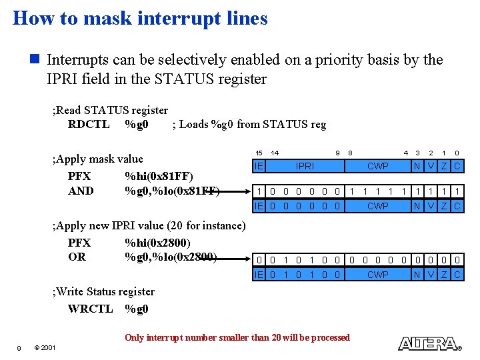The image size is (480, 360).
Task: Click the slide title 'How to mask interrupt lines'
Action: [140, 18]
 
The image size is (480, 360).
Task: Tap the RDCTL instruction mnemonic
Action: [89, 124]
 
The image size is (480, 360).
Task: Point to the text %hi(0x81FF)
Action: [159, 176]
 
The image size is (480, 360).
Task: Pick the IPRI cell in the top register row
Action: [305, 166]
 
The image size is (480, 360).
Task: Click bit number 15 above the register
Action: [259, 153]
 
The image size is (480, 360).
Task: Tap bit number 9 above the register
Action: [339, 153]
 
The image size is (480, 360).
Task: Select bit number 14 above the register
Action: [274, 153]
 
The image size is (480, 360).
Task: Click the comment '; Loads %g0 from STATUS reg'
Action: [249, 124]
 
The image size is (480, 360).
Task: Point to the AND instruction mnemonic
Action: [81, 191]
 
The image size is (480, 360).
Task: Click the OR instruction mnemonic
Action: [77, 257]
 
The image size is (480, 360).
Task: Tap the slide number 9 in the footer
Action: [19, 348]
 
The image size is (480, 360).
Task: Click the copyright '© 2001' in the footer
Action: [45, 348]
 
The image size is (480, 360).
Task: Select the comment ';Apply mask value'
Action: [97, 159]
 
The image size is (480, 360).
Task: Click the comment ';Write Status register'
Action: [103, 291]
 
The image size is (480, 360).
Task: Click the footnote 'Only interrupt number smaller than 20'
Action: [237, 337]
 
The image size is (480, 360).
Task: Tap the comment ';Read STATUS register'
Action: [110, 110]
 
